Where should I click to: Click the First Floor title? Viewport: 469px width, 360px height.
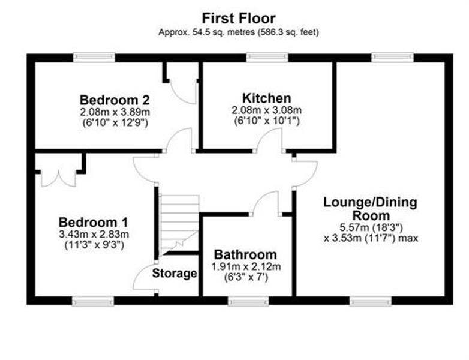239,18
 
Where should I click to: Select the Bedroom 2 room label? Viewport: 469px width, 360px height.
115,100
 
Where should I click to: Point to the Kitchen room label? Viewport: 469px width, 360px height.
266,98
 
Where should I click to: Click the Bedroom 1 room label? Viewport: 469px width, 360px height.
94,223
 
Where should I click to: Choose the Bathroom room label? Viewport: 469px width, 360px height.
245,254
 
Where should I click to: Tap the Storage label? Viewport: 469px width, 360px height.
175,273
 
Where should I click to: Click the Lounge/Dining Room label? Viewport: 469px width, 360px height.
370,209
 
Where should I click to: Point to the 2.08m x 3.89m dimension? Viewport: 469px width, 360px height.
115,112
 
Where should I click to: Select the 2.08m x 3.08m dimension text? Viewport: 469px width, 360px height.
266,110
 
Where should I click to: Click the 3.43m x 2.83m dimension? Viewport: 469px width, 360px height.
94,234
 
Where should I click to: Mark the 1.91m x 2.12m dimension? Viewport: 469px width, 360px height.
246,266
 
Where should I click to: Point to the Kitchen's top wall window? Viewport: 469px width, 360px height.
267,58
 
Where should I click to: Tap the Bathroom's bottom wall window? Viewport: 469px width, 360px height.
248,301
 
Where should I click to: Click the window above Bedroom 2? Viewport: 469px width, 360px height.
94,58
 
